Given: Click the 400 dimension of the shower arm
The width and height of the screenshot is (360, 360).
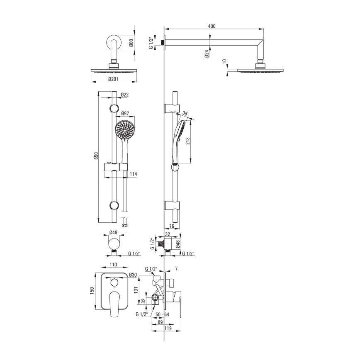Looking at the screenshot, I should click(212, 26).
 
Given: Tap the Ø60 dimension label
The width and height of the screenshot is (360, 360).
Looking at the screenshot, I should click(131, 42).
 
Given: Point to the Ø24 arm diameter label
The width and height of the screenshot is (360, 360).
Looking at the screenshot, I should click(206, 54).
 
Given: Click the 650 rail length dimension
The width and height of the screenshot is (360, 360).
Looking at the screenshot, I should click(96, 156).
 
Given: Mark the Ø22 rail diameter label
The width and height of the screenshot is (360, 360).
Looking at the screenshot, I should click(124, 95).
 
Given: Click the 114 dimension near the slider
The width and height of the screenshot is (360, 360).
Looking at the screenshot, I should click(134, 174).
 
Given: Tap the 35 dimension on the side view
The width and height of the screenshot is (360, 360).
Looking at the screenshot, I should click(185, 113).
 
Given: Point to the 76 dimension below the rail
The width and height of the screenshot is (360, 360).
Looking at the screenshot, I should click(172, 226).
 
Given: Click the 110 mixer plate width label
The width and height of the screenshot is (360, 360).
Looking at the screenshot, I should click(113, 265).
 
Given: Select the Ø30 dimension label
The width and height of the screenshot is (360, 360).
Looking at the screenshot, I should click(133, 275).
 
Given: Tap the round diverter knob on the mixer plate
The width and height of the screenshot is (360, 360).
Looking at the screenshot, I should click(113, 282).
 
